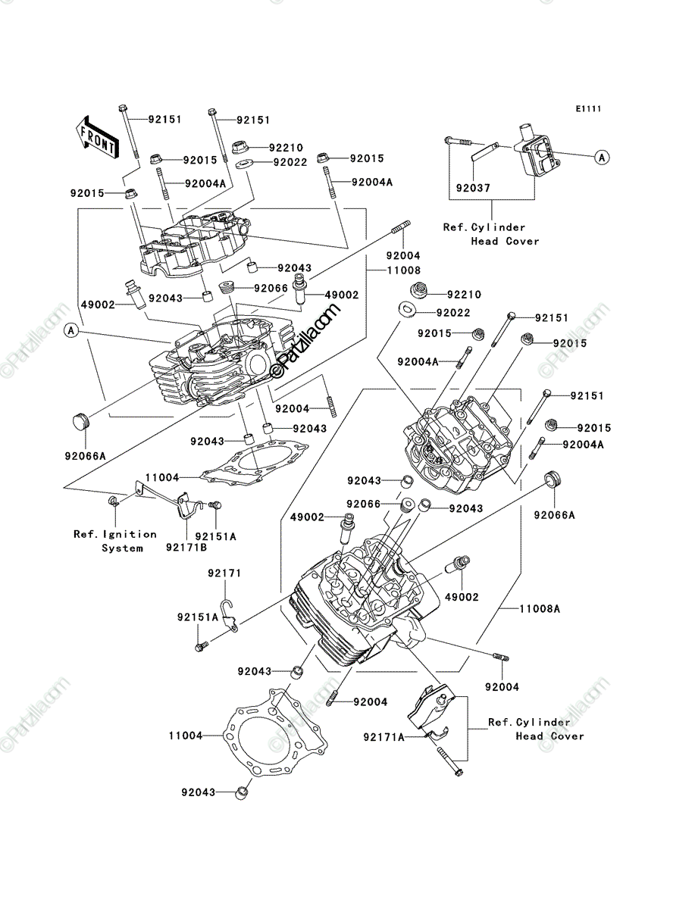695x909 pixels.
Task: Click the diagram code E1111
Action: [588, 109]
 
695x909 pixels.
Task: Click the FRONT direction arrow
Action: [97, 137]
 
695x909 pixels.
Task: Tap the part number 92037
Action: [473, 188]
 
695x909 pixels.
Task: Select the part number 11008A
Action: [540, 609]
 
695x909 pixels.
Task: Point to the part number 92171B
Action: [186, 548]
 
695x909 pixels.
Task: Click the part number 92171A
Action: [384, 737]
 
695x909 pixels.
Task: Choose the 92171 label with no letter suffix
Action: [224, 573]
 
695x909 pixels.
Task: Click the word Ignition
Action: [130, 535]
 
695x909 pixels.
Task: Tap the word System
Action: [122, 548]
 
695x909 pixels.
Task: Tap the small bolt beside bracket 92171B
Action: [215, 505]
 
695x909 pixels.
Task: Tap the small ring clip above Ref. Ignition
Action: [114, 501]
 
